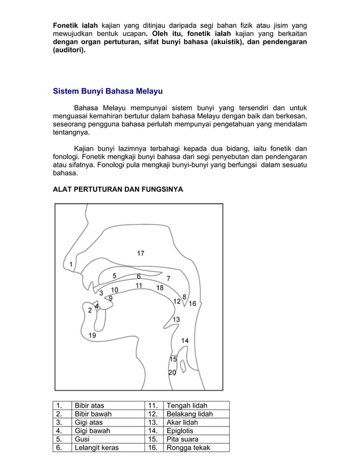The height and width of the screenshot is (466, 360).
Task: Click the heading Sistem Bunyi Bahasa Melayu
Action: tap(108, 91)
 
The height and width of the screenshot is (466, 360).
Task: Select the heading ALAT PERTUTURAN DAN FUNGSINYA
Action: tap(117, 191)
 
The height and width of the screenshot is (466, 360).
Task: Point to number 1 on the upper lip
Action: tap(71, 264)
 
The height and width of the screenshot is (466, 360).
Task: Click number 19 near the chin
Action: tap(92, 335)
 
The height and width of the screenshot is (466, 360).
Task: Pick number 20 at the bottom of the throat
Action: tap(172, 372)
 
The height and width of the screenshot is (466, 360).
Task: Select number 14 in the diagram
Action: tap(185, 341)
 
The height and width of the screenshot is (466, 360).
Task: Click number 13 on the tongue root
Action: tap(176, 319)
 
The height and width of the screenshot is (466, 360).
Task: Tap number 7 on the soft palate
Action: tap(168, 279)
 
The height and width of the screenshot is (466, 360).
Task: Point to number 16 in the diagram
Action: tap(192, 304)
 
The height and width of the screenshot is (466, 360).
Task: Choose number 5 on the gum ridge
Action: tap(115, 276)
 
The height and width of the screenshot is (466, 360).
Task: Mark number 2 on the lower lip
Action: tap(90, 310)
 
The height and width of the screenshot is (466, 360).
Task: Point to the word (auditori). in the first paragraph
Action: tap(70, 66)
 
